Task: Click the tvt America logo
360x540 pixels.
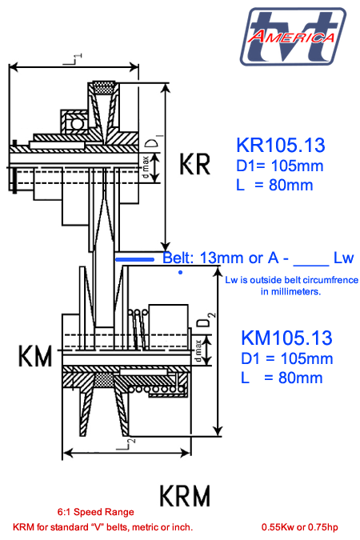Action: pos(293,36)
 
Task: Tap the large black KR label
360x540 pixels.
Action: pos(194,164)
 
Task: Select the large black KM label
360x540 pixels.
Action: pos(35,356)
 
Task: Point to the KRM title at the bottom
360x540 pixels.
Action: pos(185,495)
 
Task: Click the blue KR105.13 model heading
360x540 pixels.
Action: pos(281,145)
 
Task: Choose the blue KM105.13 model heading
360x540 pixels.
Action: pos(286,338)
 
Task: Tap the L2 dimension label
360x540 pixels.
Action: pos(126,444)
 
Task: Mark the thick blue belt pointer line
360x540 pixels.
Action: pos(134,259)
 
